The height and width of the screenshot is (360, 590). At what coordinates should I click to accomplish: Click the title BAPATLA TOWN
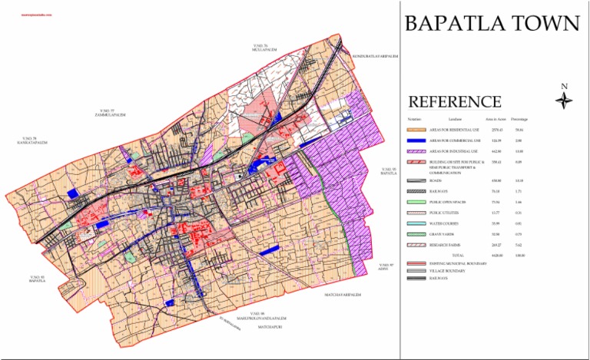click(x=492, y=23)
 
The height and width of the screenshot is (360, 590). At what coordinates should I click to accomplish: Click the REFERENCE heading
click(x=455, y=102)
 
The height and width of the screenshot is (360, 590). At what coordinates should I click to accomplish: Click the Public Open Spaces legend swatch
click(x=416, y=201)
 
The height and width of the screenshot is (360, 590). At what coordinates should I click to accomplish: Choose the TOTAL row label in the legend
click(x=458, y=254)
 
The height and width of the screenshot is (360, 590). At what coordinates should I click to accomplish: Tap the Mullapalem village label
click(x=264, y=50)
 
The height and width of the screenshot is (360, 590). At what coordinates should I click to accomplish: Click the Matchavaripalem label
click(x=342, y=294)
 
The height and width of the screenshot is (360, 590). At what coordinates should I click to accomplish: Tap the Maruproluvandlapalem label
click(x=262, y=317)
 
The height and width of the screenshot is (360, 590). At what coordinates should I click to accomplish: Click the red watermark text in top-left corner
click(x=25, y=15)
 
